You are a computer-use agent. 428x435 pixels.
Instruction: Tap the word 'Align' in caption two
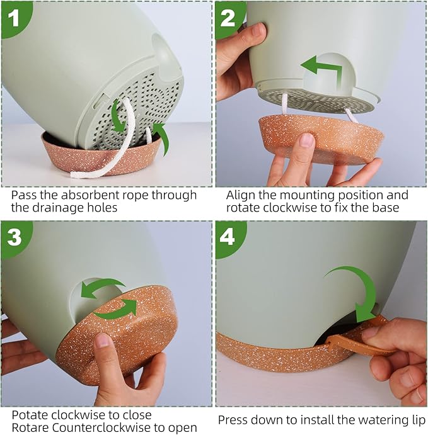(241, 195)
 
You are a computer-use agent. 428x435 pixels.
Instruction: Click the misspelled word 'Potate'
(30, 415)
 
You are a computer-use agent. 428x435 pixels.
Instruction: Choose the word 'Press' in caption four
(234, 420)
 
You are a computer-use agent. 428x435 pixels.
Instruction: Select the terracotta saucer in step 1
(95, 157)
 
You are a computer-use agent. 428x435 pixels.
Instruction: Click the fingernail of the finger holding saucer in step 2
(307, 140)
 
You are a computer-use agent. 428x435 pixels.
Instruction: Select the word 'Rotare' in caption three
(30, 428)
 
